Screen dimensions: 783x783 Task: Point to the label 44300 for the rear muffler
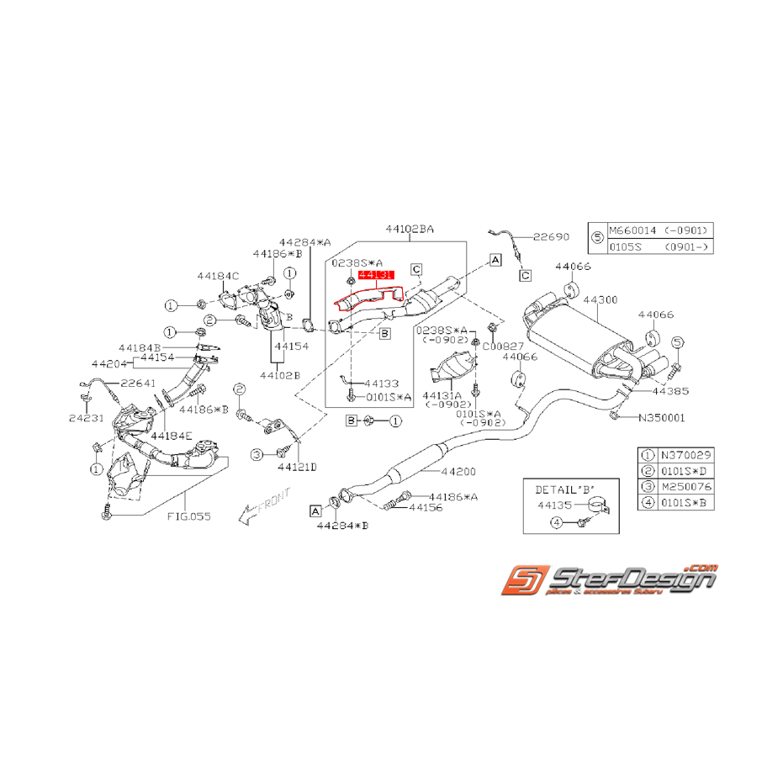pyautogui.click(x=600, y=299)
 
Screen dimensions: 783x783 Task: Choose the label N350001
pyautogui.click(x=662, y=416)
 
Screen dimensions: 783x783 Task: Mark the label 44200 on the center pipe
pyautogui.click(x=459, y=473)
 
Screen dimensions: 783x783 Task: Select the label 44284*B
pyautogui.click(x=342, y=526)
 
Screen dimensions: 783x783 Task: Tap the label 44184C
pyautogui.click(x=218, y=275)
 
